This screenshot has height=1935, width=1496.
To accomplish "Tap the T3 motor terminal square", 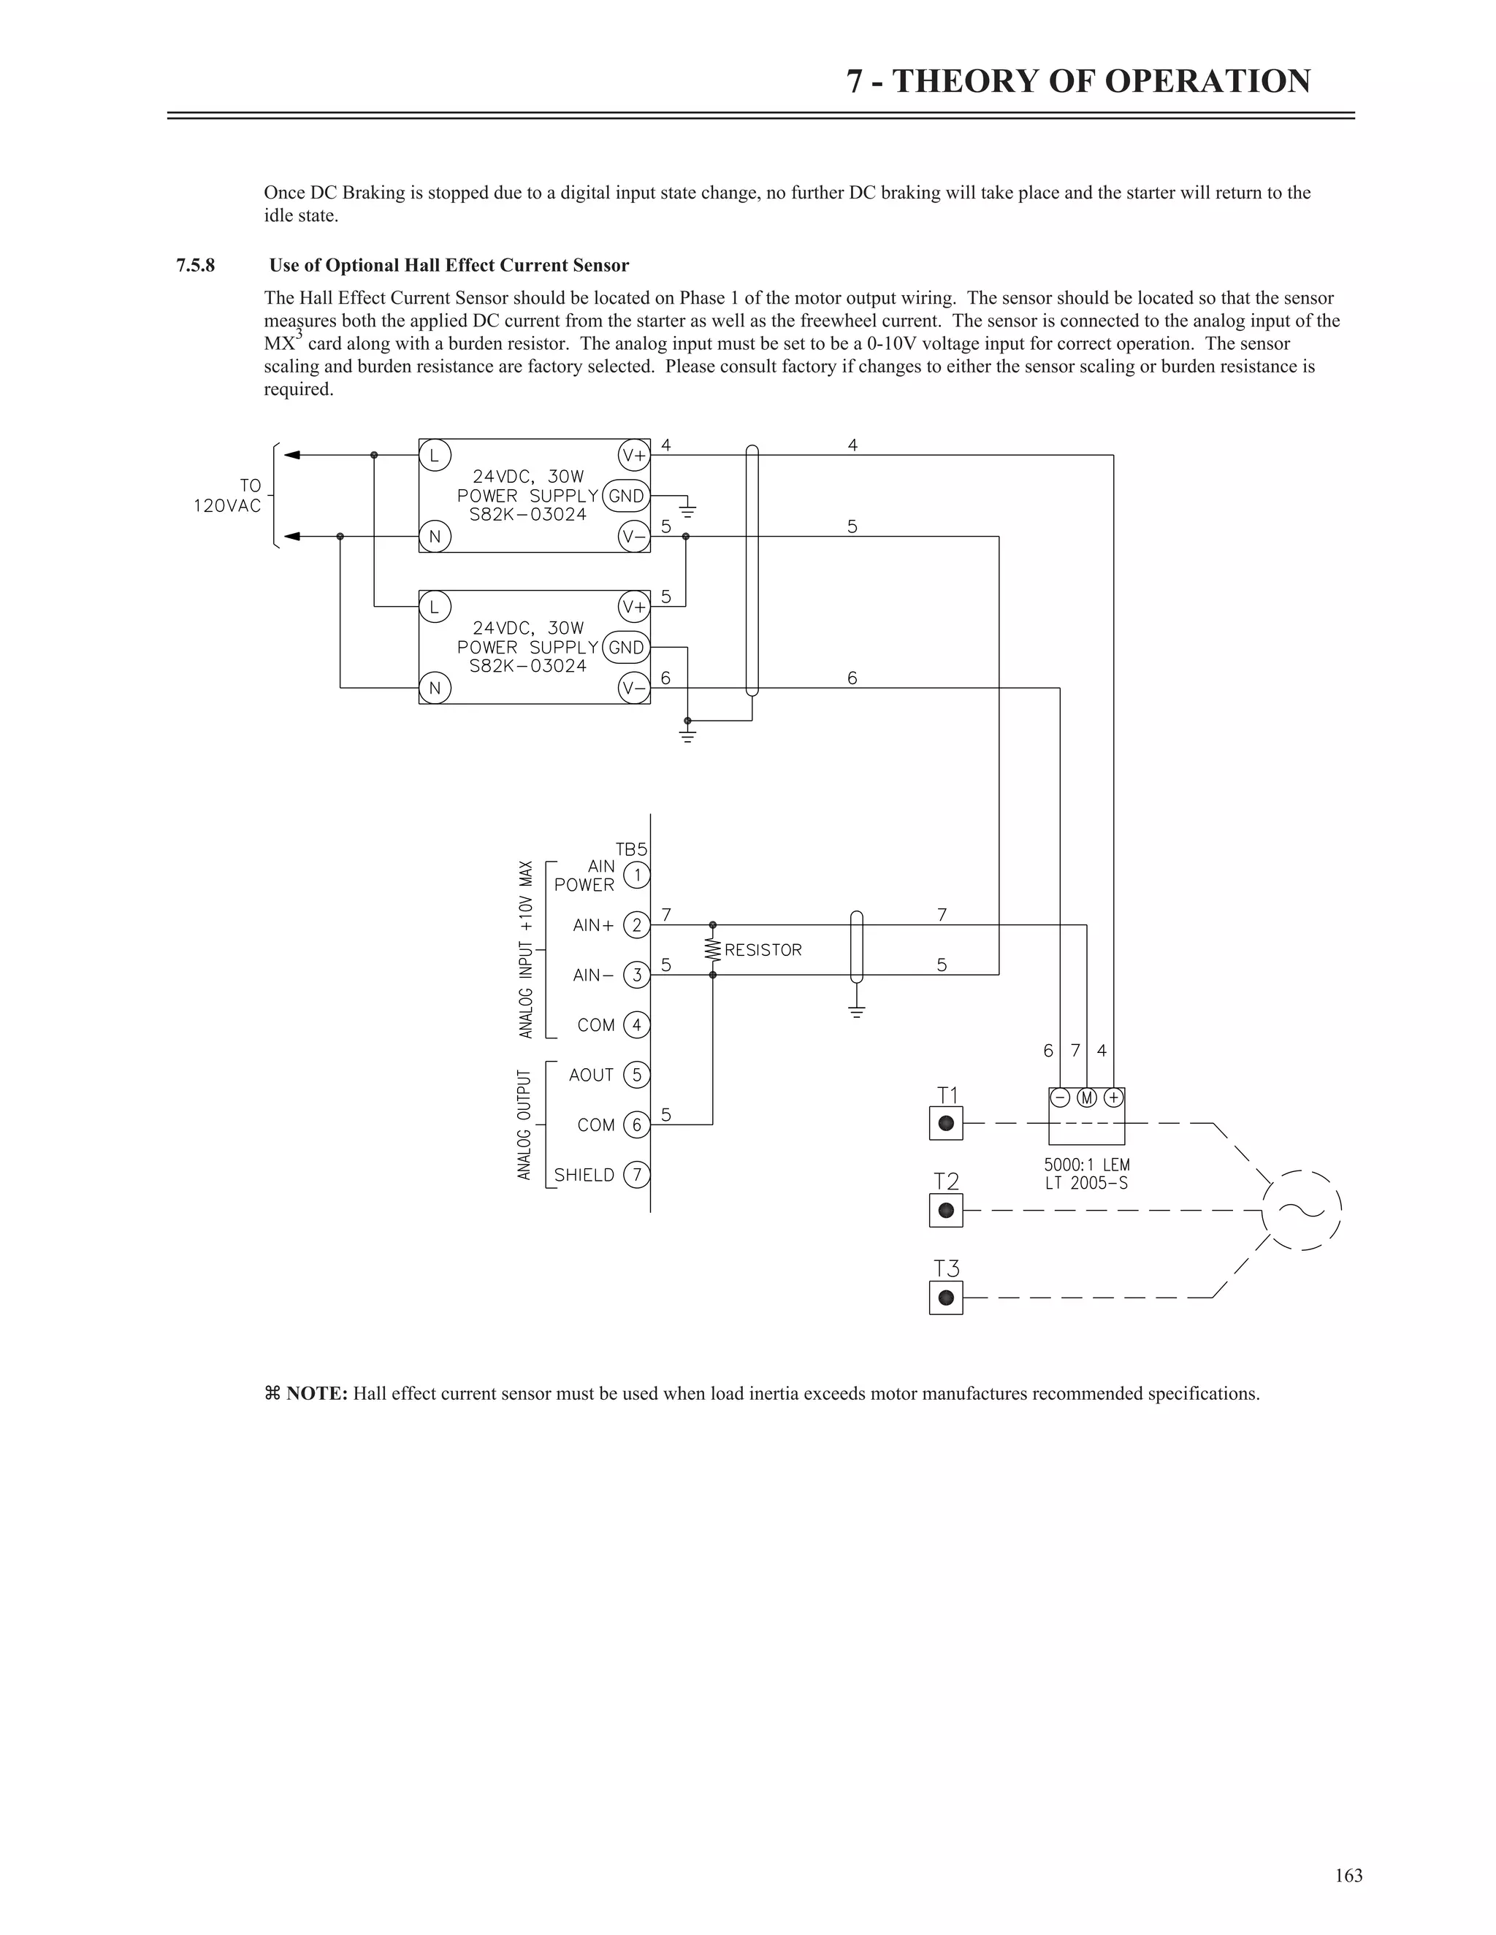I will tap(946, 1298).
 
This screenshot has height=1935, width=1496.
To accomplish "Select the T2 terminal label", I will tap(947, 1181).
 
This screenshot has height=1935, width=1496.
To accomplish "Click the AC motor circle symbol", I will tap(1301, 1210).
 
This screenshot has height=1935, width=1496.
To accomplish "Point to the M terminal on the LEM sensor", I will tap(1086, 1097).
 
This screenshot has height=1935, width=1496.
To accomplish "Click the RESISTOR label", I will tap(763, 950).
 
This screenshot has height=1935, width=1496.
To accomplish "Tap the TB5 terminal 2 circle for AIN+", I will tap(636, 925).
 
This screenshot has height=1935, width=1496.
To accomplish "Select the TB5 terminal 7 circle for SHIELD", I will tap(636, 1175).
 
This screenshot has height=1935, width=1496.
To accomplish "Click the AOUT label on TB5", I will tap(591, 1075).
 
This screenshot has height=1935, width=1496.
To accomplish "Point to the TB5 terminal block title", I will tap(631, 848).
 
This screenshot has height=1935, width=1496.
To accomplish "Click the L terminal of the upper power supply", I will tap(435, 456).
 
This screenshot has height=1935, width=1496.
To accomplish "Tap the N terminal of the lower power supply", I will tap(435, 689).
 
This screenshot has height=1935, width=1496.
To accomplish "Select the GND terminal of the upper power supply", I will tap(626, 496).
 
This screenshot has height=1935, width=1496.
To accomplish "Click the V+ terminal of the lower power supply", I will tap(633, 607).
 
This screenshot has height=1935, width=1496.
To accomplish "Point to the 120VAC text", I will tap(228, 506).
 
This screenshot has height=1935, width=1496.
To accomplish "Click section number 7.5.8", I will tap(195, 266).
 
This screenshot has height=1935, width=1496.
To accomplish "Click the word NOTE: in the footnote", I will tap(316, 1394).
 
